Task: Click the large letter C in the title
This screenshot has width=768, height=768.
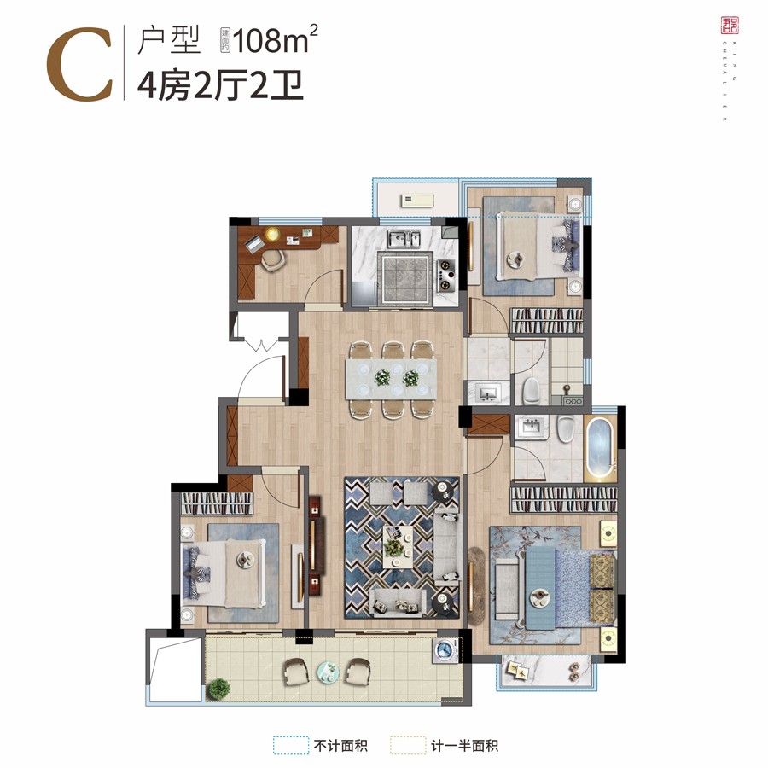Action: coord(79,64)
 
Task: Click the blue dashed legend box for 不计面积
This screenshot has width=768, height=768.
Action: coord(290,745)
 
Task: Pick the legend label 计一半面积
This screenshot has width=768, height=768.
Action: coord(464,745)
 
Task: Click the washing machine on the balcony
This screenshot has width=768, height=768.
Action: coord(445,652)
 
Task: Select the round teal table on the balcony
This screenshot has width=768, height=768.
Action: coord(328,671)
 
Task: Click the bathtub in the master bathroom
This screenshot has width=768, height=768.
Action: coord(599,449)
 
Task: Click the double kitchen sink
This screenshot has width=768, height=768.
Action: coord(404,238)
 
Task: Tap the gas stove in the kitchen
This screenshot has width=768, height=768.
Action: coord(446,272)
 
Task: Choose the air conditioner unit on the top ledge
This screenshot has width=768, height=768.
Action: coord(418,201)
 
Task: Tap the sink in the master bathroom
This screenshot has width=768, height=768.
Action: coord(531,426)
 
